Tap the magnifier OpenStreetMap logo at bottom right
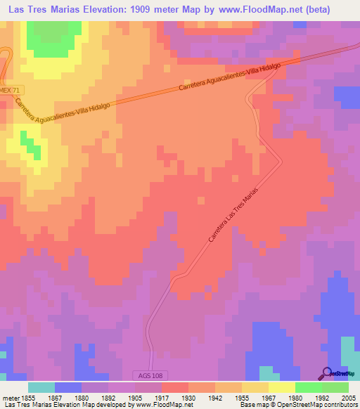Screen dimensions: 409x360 [x=327, y=374]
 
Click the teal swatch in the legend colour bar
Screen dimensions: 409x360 [x=41, y=387]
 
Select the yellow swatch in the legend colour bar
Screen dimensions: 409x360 [x=282, y=387]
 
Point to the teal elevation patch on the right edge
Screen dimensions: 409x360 [x=349, y=351]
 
